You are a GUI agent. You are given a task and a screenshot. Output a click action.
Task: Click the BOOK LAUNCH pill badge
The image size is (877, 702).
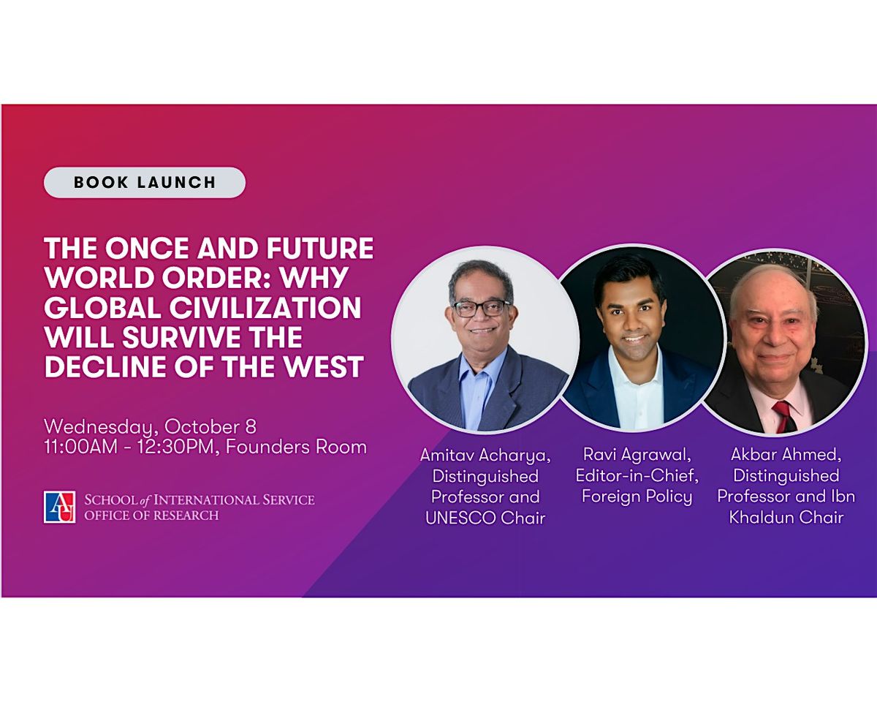pos(145,182)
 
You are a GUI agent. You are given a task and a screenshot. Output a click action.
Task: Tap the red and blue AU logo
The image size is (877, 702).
pos(59,507)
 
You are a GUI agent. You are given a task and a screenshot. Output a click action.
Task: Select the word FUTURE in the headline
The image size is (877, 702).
pos(320,248)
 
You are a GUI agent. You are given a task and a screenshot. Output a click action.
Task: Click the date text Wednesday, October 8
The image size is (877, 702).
pos(151,427)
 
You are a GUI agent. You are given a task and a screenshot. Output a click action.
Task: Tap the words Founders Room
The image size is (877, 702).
pos(296,447)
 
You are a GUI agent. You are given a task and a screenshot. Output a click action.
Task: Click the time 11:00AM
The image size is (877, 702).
pos(80,447)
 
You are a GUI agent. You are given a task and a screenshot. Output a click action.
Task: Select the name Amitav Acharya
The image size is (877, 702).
pos(485,456)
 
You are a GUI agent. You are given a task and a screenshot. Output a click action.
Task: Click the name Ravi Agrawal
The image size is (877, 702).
pos(637,455)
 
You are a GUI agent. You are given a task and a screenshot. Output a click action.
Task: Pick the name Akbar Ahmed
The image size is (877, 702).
pos(786,454)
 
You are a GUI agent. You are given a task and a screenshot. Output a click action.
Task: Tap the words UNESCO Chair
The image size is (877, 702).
pos(485,518)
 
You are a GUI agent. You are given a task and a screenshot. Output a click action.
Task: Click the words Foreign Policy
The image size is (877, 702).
pos(637,497)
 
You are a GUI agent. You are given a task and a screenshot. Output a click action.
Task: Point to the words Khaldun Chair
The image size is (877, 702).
pos(786,517)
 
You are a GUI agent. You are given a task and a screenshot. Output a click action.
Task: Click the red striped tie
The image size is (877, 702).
pos(783,415)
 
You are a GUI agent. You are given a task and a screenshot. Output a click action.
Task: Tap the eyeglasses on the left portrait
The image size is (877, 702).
pos(482,309)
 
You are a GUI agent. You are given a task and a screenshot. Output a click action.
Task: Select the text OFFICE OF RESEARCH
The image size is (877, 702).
pos(151,516)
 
